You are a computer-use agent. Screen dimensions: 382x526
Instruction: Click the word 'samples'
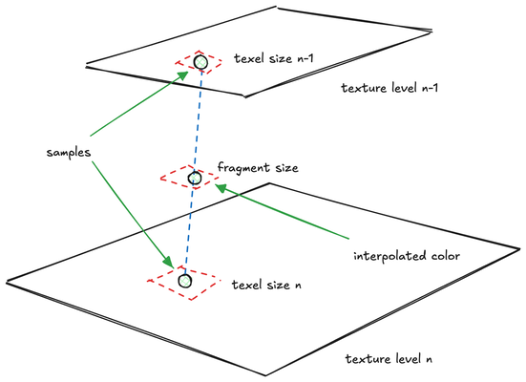(x=71, y=153)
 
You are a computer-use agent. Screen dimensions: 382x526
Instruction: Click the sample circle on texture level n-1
(x=200, y=63)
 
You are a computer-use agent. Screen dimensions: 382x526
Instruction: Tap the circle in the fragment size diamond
(x=195, y=178)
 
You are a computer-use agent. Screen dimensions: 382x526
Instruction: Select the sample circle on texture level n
(x=185, y=281)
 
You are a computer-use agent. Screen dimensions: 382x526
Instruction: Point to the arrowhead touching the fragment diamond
(x=221, y=188)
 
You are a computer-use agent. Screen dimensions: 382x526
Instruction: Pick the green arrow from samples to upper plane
(x=134, y=106)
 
